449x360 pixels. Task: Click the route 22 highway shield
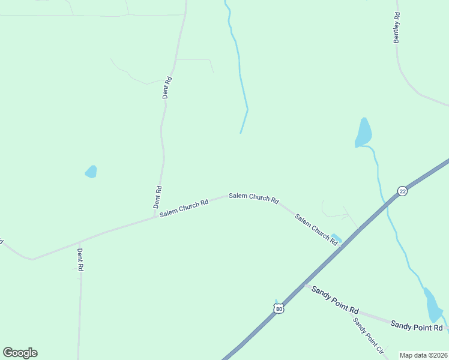pos(402,191)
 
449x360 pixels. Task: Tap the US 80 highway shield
pos(278,308)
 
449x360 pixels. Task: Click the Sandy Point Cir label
pos(368,334)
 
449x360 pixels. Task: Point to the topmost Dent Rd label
pos(168,88)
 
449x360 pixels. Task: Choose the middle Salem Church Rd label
pos(253,198)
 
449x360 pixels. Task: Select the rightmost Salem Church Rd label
pos(316,229)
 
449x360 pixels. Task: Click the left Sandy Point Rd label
pos(334,303)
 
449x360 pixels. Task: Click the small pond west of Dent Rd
pos(91,172)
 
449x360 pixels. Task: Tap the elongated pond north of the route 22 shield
pos(363,132)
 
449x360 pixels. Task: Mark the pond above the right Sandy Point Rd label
pos(433,305)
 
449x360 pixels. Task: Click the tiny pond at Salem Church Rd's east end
pos(337,238)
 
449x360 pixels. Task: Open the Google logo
pos(20,353)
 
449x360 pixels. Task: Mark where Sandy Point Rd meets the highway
pos(306,286)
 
